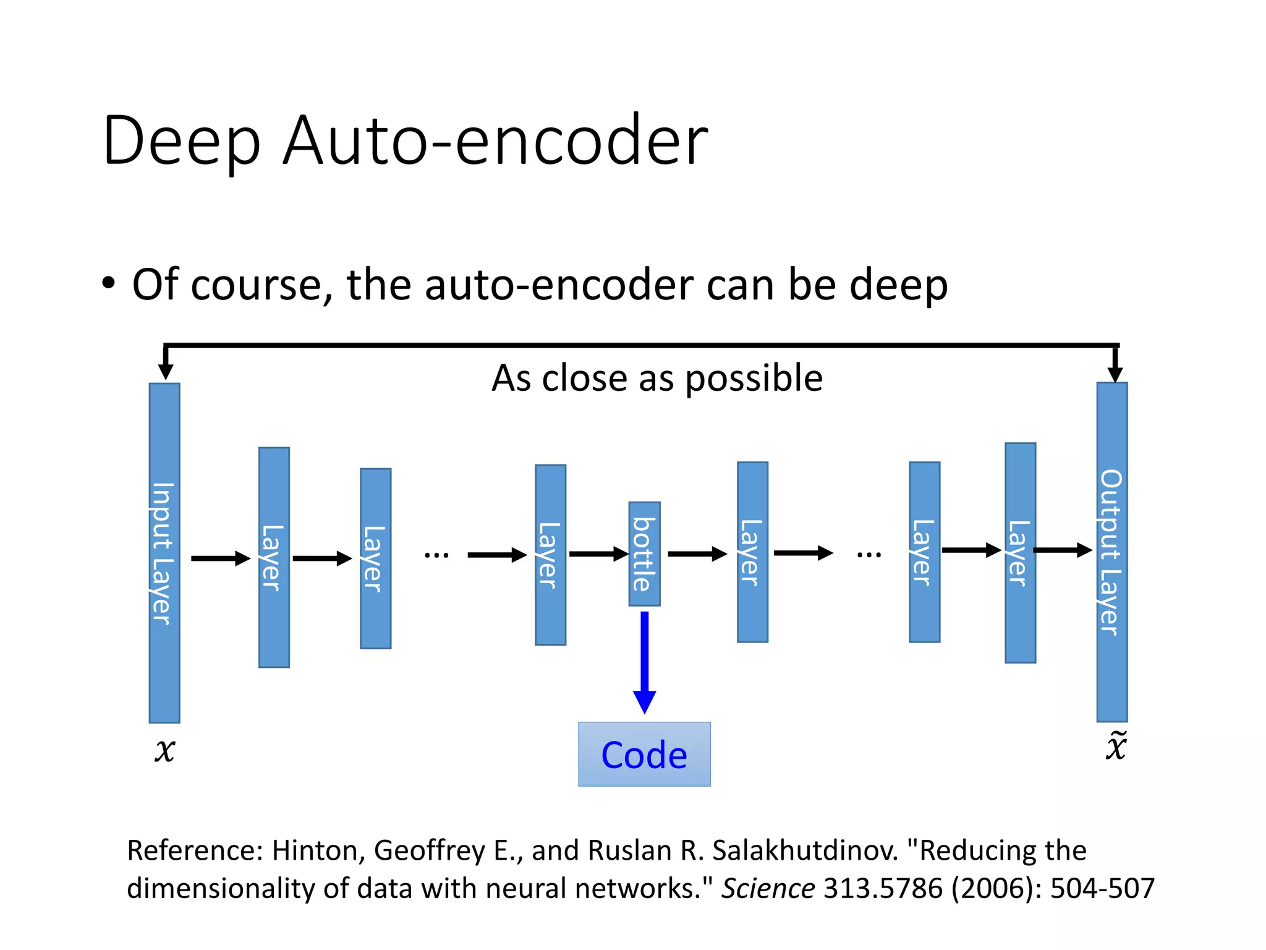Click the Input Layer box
click(164, 553)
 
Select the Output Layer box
click(1111, 552)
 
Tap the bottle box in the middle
click(644, 554)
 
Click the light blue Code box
click(644, 754)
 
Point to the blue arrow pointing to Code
click(644, 662)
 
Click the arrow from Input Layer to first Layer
click(220, 558)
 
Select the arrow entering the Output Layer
click(1062, 550)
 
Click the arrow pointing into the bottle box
click(598, 554)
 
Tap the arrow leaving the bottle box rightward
click(697, 554)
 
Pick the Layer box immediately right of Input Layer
click(274, 557)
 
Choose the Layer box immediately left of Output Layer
click(1020, 552)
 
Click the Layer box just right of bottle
click(752, 552)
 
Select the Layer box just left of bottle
click(550, 555)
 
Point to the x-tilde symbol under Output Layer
click(1116, 747)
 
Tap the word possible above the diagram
click(754, 379)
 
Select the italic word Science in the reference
click(768, 888)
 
